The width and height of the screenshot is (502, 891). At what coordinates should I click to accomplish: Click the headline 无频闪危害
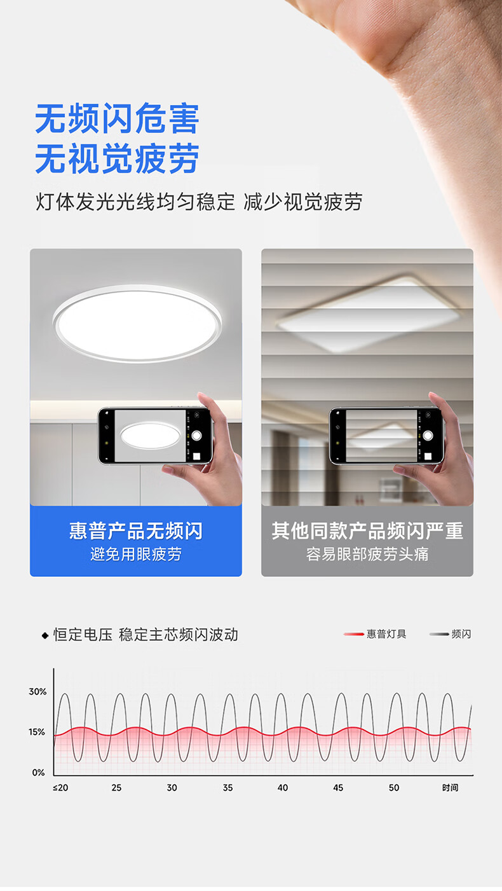point(118,118)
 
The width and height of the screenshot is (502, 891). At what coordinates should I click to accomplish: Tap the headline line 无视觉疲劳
point(118,158)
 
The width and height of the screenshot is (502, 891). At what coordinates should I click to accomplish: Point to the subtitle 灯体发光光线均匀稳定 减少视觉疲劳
point(199,202)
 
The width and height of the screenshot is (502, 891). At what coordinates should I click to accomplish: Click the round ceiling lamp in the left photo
point(137,323)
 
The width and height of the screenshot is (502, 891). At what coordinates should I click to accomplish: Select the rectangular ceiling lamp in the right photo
point(368,313)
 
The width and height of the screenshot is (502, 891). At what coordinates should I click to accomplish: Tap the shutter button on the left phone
point(196,436)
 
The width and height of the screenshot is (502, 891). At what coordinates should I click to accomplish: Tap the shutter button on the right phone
point(428,435)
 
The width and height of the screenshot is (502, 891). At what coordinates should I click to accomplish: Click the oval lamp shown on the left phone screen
point(150,436)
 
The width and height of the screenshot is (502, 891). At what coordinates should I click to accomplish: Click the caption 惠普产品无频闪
point(136,530)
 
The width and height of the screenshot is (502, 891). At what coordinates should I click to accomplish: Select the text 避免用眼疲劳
point(136,554)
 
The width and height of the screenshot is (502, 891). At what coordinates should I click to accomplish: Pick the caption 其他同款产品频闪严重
point(368,530)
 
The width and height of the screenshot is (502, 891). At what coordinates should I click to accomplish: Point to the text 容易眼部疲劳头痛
point(368,554)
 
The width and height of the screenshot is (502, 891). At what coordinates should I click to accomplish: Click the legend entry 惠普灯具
point(375,634)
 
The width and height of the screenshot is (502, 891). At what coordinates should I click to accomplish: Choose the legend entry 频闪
point(451,634)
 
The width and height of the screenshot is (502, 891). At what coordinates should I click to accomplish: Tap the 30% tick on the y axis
point(37,692)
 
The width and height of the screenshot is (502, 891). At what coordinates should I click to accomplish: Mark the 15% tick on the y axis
point(37,732)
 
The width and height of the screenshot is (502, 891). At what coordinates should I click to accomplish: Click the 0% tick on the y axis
point(39,773)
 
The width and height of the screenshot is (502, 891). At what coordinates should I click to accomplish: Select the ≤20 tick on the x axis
point(60,787)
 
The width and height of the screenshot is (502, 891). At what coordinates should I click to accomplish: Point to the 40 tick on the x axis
point(283,787)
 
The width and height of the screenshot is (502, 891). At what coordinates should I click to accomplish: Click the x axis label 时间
point(451,787)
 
